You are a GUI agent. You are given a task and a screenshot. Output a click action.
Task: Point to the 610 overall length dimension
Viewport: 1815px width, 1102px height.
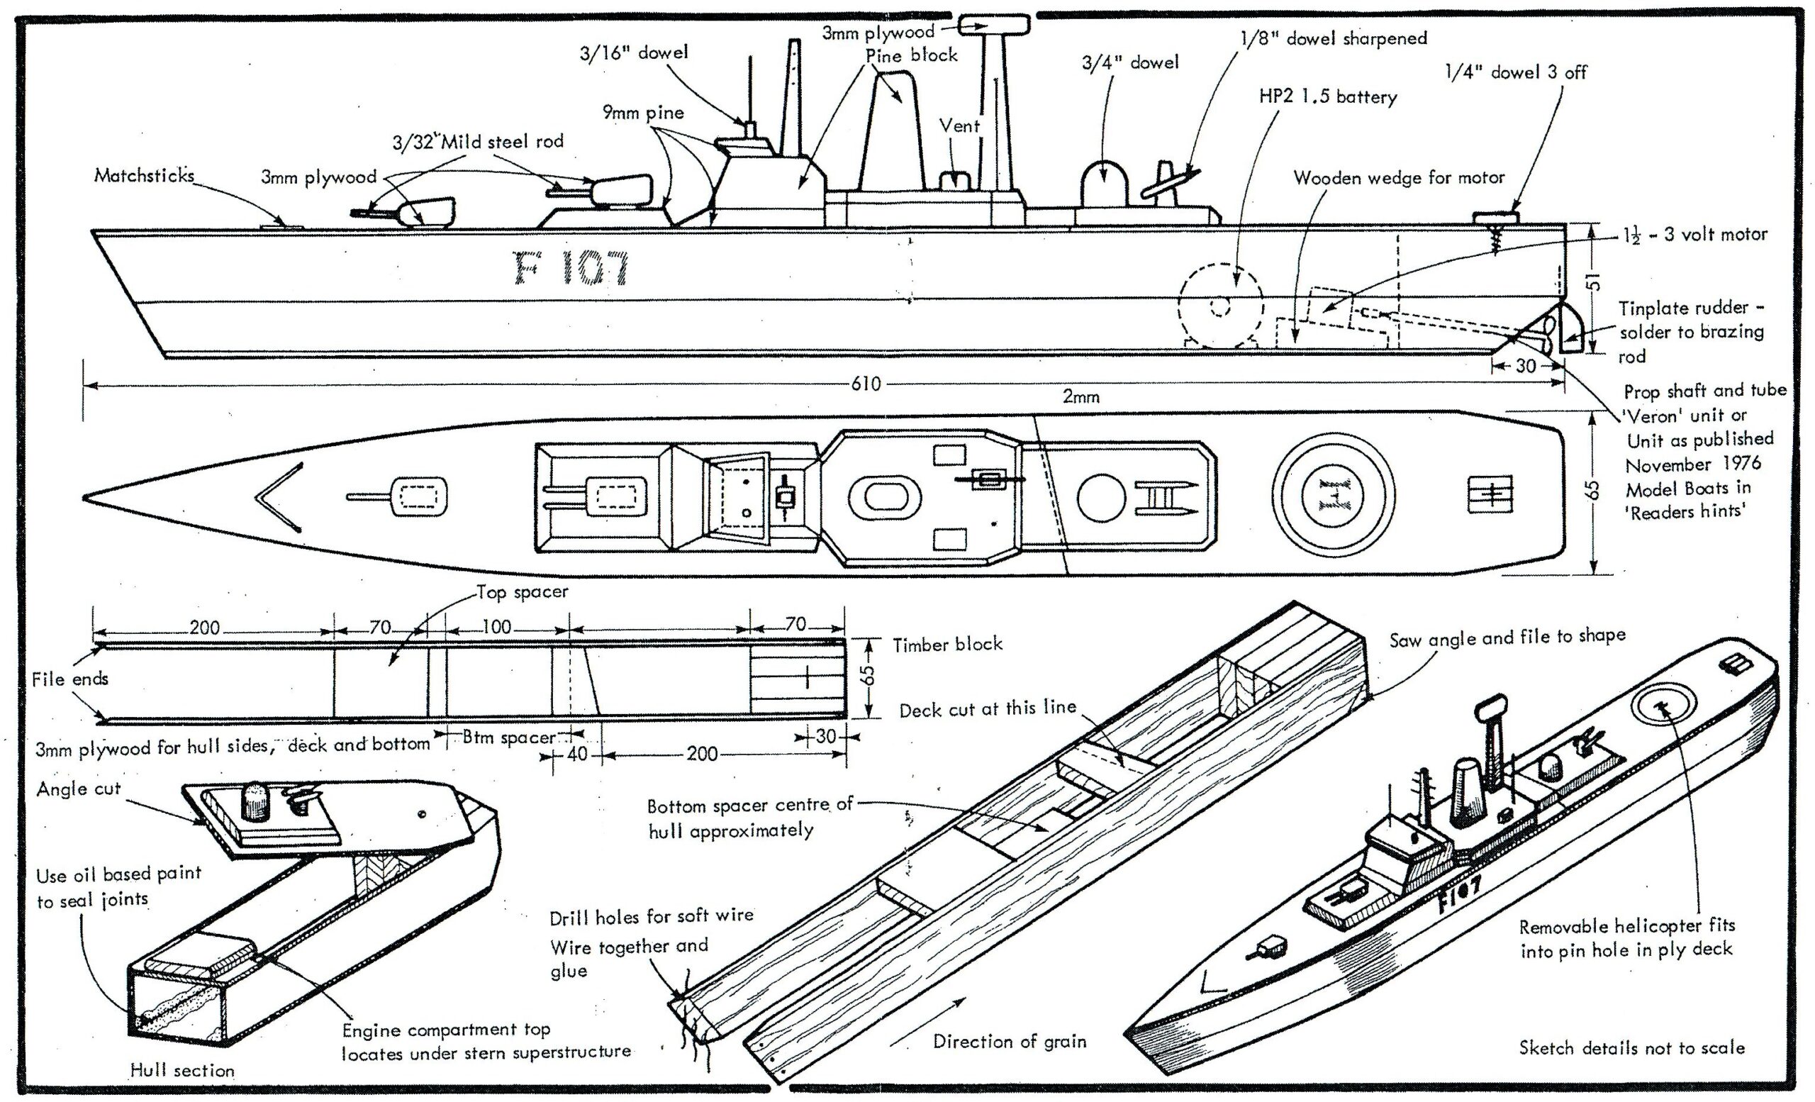pos(866,384)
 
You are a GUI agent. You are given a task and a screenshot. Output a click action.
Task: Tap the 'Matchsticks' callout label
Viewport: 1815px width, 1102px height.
pos(145,175)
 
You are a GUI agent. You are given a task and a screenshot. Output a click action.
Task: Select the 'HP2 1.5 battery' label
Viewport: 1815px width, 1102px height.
pos(1327,96)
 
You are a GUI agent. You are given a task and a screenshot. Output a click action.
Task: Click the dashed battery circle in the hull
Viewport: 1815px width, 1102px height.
pos(1221,305)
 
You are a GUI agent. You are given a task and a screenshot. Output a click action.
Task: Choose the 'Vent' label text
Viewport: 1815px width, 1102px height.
pos(959,126)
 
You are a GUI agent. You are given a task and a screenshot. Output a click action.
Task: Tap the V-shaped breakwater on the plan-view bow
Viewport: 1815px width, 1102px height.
pos(279,496)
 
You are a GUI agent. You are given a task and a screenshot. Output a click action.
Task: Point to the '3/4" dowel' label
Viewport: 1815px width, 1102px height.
pos(1130,62)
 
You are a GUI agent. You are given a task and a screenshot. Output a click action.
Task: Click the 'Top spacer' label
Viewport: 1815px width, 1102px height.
pos(523,592)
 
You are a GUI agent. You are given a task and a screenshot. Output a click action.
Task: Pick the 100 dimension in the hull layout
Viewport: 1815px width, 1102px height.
pos(496,627)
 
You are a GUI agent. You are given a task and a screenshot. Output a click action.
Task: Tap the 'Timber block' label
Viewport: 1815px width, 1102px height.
pos(947,645)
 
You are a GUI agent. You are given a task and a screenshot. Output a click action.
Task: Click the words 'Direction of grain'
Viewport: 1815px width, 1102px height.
pos(1009,1041)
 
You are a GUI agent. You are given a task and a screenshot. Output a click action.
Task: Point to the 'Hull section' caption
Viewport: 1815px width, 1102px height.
pos(182,1070)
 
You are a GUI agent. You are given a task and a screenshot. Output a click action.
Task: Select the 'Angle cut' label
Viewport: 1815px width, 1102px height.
pos(78,789)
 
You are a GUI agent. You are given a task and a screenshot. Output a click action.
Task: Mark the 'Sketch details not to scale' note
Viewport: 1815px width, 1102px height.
pos(1631,1047)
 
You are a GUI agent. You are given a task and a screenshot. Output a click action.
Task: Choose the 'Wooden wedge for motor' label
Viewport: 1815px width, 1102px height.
pos(1399,177)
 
